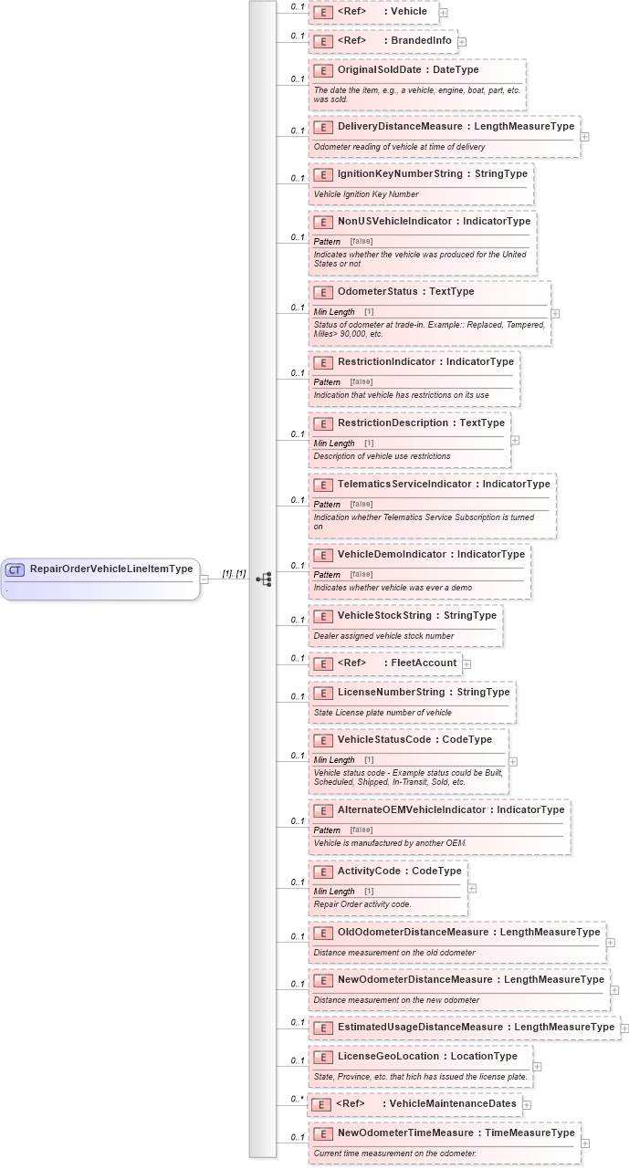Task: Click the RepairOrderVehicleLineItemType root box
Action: [x=100, y=578]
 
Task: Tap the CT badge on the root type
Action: [x=15, y=569]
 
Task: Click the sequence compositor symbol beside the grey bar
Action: [x=264, y=579]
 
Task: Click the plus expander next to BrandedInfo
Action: [x=462, y=41]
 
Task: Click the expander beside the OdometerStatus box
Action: [x=555, y=313]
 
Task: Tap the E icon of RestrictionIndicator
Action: [x=322, y=362]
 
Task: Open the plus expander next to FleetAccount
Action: [x=467, y=663]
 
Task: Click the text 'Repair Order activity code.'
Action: [x=362, y=904]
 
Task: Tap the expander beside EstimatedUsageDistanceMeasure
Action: [x=624, y=1028]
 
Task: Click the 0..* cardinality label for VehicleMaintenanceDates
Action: [x=298, y=1099]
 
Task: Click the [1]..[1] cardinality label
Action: [x=235, y=573]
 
